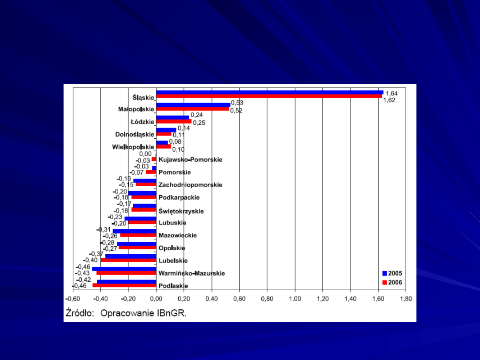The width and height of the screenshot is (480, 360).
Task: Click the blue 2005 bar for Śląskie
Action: coord(269,92)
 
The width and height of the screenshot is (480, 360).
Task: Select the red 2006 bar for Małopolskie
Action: coord(192,109)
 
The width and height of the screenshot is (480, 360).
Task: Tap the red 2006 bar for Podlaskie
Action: coord(124,285)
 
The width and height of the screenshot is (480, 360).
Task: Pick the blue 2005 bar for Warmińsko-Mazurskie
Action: coord(124,269)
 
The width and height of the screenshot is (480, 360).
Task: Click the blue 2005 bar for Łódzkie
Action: coord(172,117)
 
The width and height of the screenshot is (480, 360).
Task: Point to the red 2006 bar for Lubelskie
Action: coord(128,260)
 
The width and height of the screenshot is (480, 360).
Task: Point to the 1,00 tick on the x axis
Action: coord(295,299)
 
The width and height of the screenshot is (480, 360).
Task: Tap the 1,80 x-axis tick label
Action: coord(406,299)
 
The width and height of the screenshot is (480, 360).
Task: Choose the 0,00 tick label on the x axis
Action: coord(156,299)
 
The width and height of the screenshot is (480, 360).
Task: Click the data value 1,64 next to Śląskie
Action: coord(392,93)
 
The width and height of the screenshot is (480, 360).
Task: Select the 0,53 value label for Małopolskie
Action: coord(237,103)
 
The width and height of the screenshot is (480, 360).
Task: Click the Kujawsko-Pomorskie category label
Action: coord(190,160)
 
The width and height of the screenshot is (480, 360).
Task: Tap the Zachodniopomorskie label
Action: coord(190,185)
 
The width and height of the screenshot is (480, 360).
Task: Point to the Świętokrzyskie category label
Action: coord(181,211)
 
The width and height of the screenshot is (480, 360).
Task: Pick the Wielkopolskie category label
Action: coord(133,147)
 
